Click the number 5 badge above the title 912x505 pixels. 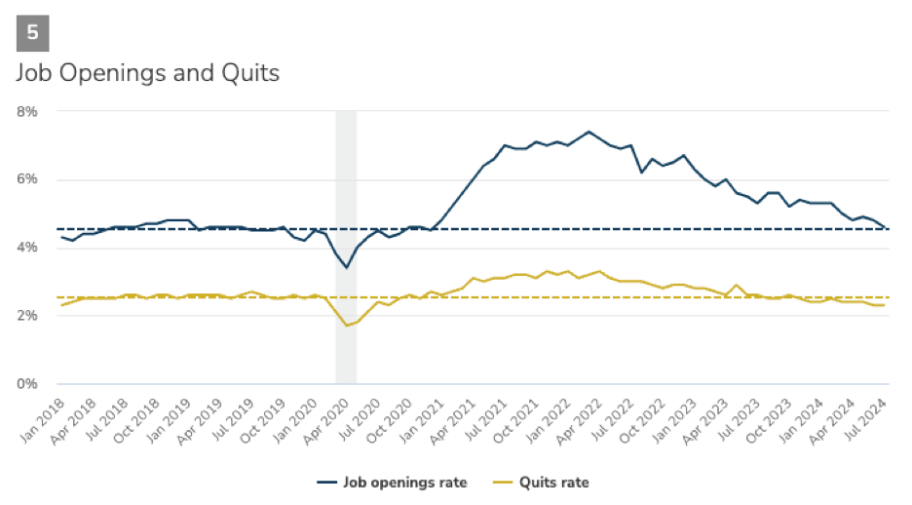pyautogui.click(x=32, y=32)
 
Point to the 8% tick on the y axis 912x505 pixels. pyautogui.click(x=26, y=112)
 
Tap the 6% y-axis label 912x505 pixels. pyautogui.click(x=26, y=179)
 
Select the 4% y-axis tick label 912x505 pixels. pyautogui.click(x=26, y=248)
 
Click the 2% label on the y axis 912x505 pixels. pyautogui.click(x=26, y=316)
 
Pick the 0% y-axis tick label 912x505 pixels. pyautogui.click(x=26, y=383)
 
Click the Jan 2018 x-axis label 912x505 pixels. pyautogui.click(x=45, y=416)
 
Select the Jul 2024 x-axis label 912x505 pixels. pyautogui.click(x=869, y=416)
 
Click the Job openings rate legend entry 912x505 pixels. pyautogui.click(x=393, y=482)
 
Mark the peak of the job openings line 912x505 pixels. pyautogui.click(x=589, y=132)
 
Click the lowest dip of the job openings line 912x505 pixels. pyautogui.click(x=346, y=267)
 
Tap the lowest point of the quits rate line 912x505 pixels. pyautogui.click(x=346, y=326)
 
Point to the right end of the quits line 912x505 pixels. pyautogui.click(x=885, y=305)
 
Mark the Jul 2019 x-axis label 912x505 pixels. pyautogui.click(x=235, y=416)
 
